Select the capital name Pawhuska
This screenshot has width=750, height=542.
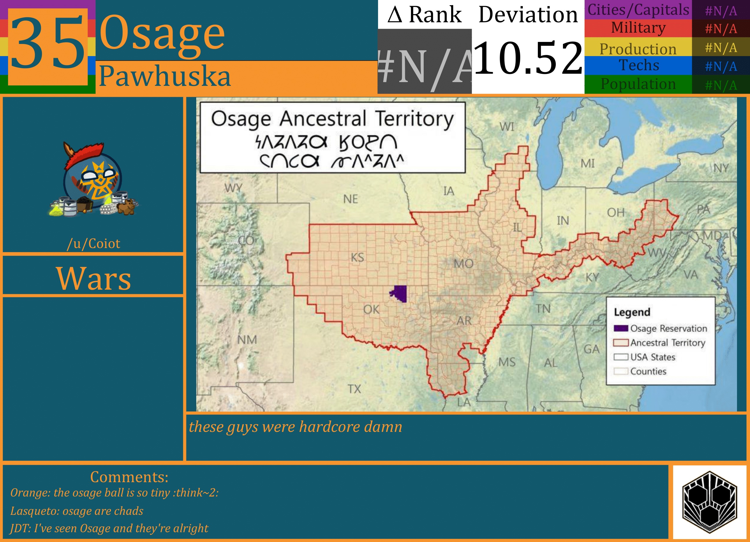tap(164, 76)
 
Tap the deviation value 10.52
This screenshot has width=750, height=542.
tap(528, 58)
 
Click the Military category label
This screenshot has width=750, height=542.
tap(638, 28)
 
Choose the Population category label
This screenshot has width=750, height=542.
tap(638, 84)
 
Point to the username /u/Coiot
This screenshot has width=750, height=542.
tap(93, 244)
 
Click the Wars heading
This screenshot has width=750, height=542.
tap(94, 278)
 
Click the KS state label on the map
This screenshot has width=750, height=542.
tap(357, 257)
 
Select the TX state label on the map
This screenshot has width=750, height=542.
tap(354, 389)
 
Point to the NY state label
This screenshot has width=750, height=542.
tap(721, 168)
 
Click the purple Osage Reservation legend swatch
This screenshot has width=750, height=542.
tap(621, 328)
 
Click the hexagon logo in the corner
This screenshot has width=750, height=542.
tap(709, 502)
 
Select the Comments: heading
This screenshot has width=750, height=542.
tap(129, 477)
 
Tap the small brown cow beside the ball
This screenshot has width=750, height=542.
tap(127, 206)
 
